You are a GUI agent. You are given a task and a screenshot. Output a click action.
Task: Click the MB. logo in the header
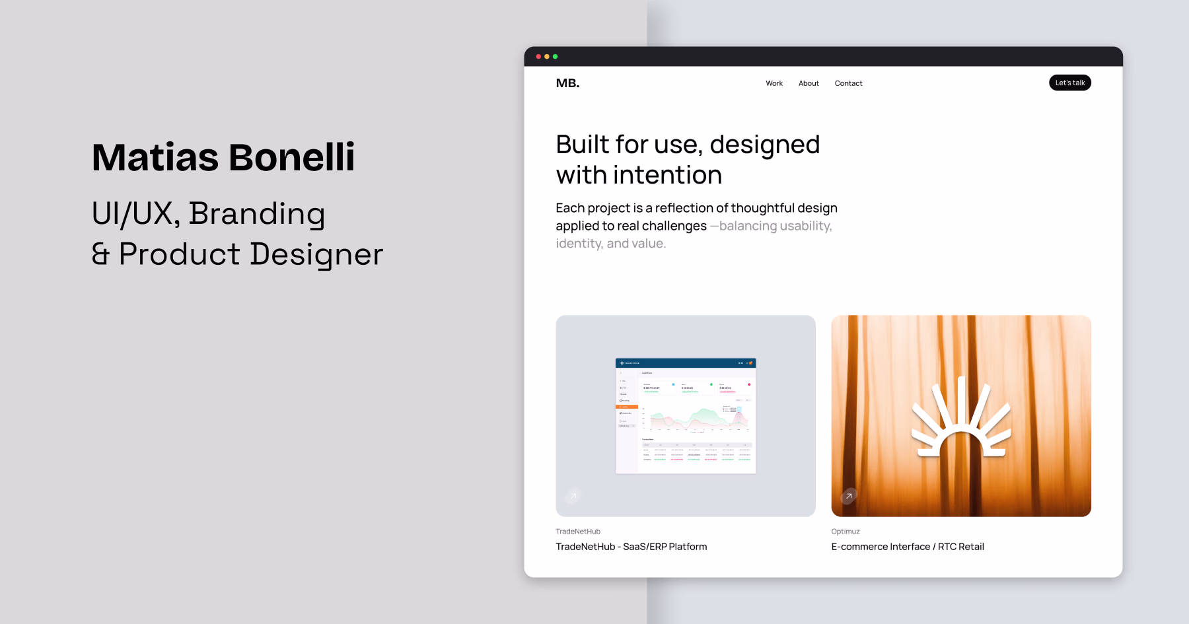point(567,83)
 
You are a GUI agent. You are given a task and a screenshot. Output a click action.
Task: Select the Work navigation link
point(774,83)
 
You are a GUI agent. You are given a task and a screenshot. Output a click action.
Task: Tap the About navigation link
point(809,83)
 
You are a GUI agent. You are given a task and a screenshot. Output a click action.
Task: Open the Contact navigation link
point(848,83)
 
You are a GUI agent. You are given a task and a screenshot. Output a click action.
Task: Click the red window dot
point(538,57)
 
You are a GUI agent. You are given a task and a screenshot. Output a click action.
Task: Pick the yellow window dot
point(547,57)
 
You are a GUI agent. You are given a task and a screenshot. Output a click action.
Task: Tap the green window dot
point(555,57)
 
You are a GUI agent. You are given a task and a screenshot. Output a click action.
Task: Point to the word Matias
point(155,158)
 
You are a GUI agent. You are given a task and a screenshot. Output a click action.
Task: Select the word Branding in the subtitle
point(256,214)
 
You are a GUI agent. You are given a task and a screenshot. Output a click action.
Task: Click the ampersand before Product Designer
point(100,254)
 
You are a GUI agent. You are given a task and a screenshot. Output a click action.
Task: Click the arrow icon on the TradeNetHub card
point(573,496)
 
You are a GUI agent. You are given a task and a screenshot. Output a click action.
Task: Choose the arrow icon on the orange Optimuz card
point(848,496)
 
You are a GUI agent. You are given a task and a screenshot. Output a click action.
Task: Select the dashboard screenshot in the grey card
point(686,416)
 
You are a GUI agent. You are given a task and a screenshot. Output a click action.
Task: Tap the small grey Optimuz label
point(846,532)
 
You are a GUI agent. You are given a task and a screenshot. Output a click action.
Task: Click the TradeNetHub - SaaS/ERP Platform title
point(631,547)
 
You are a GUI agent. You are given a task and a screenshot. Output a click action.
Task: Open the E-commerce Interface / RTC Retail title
point(907,547)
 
